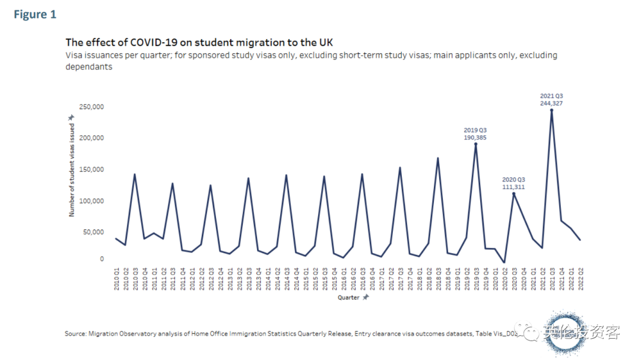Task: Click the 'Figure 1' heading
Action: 35,15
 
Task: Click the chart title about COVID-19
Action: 199,43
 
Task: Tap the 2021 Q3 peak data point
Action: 551,110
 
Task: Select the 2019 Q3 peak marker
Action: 475,144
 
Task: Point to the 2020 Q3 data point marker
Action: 513,193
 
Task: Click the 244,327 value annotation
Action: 551,103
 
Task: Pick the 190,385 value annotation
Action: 475,138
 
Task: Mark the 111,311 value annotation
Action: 513,187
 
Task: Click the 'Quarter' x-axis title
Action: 349,297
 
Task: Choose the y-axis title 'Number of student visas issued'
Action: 72,170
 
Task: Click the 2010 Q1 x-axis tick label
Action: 116,278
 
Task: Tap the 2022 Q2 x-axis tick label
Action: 580,278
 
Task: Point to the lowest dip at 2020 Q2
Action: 504,262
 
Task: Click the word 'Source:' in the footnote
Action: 75,334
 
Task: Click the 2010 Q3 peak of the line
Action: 135,174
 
